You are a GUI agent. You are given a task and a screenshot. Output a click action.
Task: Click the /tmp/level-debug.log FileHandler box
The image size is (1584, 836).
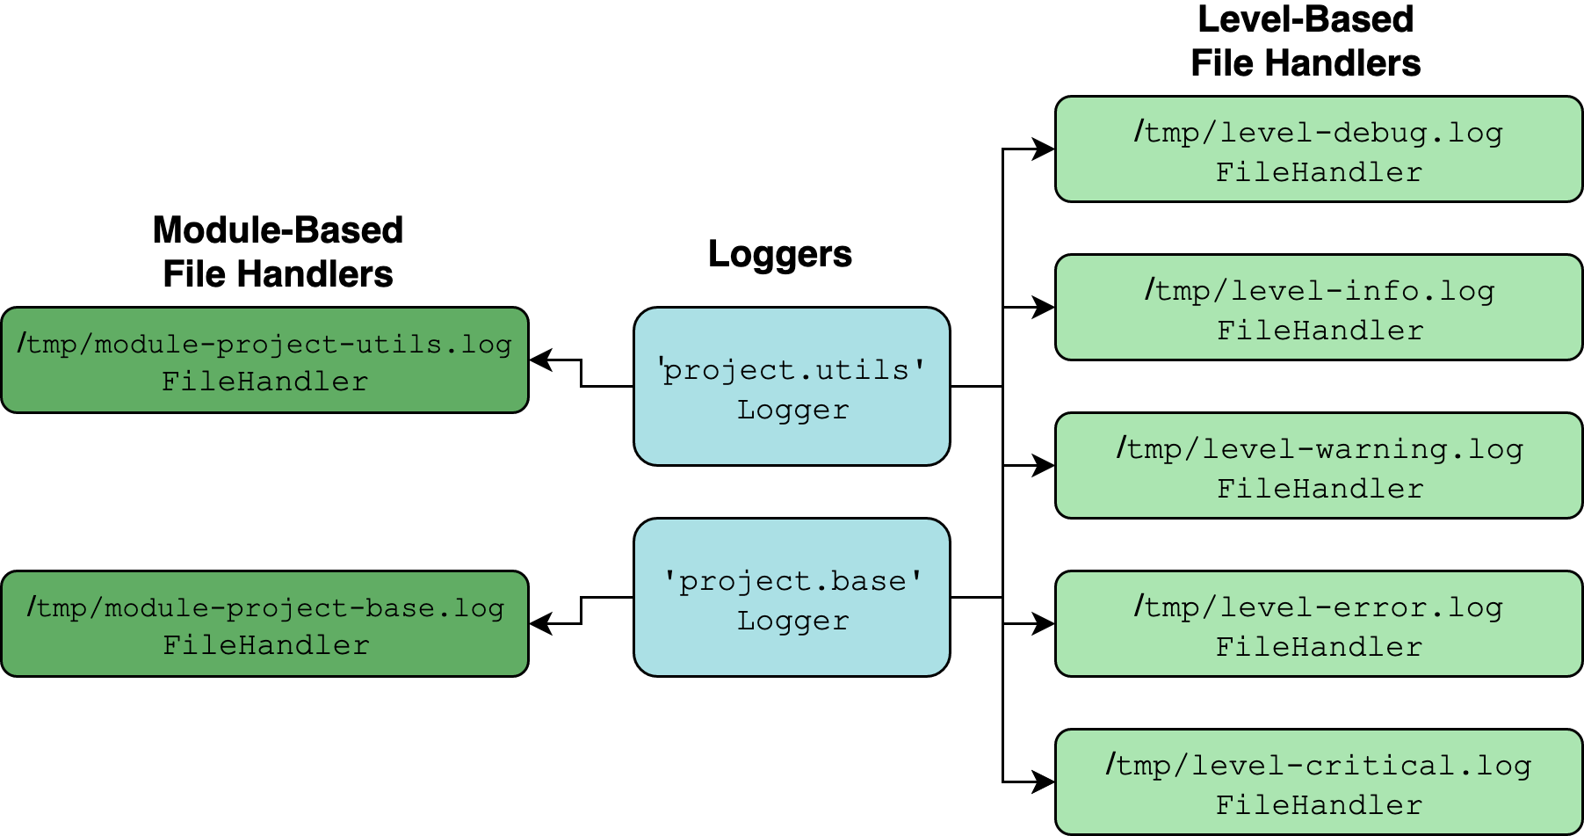point(1318,149)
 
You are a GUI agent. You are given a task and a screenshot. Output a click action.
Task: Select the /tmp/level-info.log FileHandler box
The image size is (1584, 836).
point(1318,308)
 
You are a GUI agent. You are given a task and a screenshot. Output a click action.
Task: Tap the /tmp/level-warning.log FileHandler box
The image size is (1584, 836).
point(1318,466)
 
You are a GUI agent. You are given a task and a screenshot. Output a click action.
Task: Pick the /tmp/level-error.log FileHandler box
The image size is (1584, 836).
point(1318,624)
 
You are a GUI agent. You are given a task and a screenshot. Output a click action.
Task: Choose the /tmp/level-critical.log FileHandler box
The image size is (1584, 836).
point(1318,781)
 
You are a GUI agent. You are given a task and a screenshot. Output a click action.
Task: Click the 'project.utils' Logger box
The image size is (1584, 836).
point(792,387)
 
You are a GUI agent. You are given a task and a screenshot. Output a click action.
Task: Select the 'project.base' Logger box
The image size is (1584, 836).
point(792,598)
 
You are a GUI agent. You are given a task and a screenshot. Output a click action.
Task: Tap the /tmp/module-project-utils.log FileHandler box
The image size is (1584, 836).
point(264,360)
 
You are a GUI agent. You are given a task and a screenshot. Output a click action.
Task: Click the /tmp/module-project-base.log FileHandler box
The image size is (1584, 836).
point(264,624)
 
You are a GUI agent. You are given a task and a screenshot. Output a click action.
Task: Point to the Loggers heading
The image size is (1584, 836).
point(779,254)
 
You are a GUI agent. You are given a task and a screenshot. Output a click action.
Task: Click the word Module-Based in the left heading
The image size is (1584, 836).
point(278,230)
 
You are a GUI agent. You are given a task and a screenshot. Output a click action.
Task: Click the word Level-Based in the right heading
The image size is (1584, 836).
point(1306,19)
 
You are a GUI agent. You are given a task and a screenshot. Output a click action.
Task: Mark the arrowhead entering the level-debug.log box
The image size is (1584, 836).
point(1044,149)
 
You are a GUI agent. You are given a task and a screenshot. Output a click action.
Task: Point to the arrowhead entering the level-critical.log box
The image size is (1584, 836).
point(1044,781)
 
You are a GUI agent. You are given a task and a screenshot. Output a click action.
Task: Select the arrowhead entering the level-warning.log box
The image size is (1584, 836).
point(1044,466)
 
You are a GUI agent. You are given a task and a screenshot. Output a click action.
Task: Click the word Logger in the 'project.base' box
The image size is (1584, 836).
point(792,621)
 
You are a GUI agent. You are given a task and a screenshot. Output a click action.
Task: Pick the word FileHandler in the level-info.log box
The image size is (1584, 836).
point(1320,331)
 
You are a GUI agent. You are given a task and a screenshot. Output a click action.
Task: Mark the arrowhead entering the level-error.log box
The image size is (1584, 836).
point(1044,624)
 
